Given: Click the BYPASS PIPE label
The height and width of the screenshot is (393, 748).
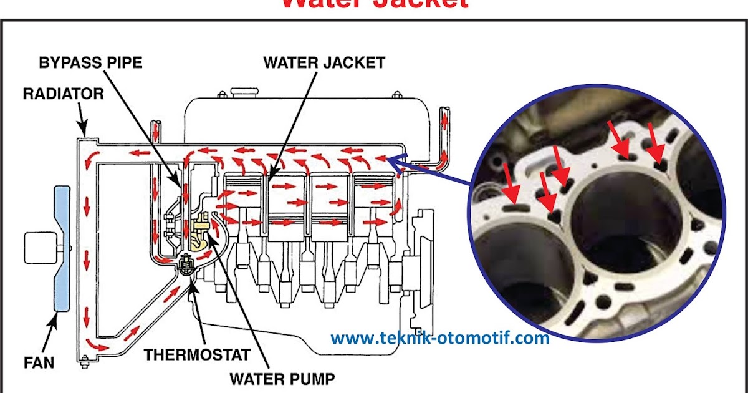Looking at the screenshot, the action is [91, 62].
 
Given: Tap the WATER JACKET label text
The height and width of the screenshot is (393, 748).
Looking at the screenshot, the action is [324, 62].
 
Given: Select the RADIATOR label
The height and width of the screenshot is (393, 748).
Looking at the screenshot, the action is [63, 94].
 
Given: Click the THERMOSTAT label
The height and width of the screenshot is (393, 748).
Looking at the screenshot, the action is [198, 355].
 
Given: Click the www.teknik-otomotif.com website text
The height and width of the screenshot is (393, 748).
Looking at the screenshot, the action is [439, 339].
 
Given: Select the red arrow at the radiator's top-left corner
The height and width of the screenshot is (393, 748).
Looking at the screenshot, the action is [91, 156].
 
